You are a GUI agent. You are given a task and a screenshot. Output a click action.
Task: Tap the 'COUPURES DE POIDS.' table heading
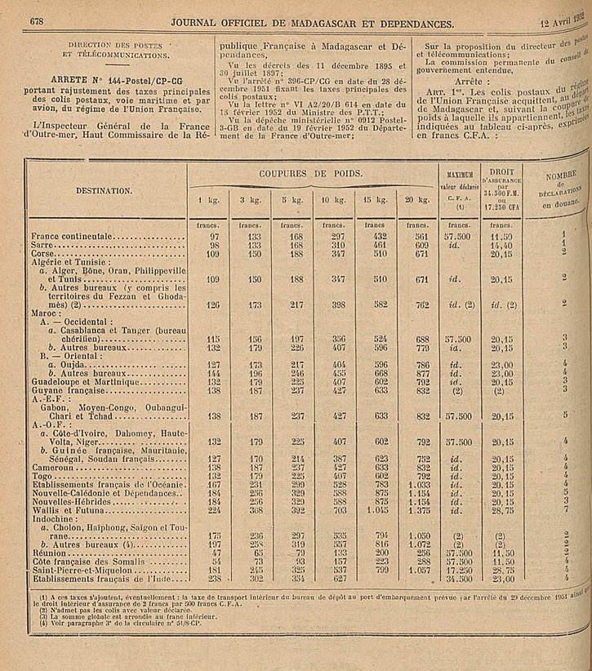(311, 173)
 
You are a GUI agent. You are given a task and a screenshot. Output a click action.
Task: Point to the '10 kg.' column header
(333, 200)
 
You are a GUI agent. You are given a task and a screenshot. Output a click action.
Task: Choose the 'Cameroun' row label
(51, 468)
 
